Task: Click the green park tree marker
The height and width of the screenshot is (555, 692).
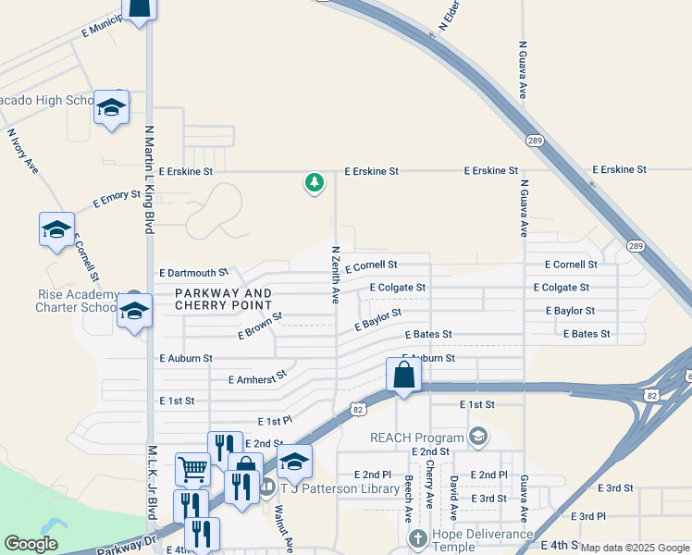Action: point(315,182)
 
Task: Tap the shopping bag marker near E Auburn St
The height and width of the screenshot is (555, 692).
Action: point(403,376)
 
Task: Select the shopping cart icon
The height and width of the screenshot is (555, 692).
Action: point(192,468)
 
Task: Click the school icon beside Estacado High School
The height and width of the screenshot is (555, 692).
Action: point(111,108)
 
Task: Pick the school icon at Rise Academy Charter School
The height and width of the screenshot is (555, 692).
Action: point(134,314)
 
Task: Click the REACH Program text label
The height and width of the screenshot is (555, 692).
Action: point(416,438)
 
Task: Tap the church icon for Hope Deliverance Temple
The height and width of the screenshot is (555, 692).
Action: point(417,538)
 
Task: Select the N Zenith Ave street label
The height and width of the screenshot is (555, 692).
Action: point(335,274)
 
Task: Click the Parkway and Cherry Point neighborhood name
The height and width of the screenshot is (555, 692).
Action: point(223,299)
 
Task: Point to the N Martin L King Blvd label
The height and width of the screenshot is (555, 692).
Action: point(148,180)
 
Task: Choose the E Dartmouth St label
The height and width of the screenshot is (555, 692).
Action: point(193,273)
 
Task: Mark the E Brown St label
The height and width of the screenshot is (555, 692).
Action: point(259,325)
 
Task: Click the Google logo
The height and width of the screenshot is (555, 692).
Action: point(31,544)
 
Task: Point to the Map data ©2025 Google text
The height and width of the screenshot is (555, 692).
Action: point(634,548)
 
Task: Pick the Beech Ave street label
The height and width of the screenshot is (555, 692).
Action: point(408,499)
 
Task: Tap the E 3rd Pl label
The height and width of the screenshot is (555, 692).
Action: point(587,516)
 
